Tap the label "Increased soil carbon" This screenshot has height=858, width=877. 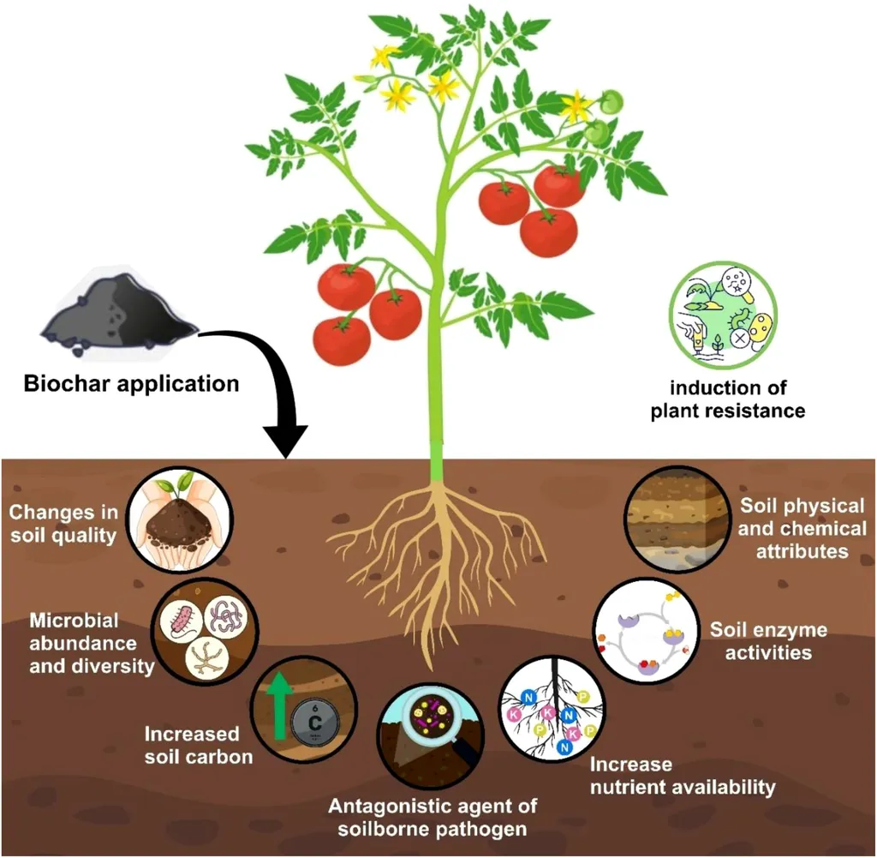pyautogui.click(x=198, y=745)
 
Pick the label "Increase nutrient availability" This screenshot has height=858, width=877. pyautogui.click(x=683, y=775)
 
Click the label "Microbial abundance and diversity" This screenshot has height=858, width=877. pyautogui.click(x=82, y=642)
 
